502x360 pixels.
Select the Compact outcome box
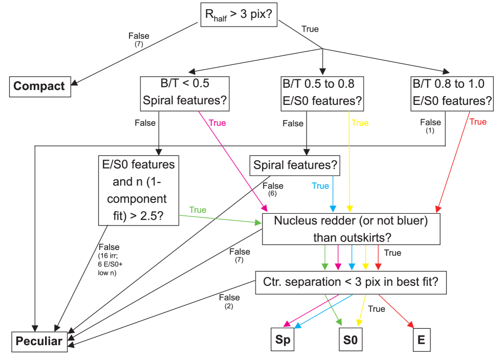click(39, 86)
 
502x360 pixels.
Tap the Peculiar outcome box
click(39, 341)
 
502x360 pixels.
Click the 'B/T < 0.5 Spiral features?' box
click(185, 93)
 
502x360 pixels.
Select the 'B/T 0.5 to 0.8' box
click(322, 93)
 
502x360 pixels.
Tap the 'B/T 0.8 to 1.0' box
click(452, 93)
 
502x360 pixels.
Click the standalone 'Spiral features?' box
click(294, 165)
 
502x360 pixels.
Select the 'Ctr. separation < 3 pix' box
click(351, 282)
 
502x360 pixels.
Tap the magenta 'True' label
click(217, 123)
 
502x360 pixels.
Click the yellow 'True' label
click(360, 123)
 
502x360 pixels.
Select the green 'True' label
click(198, 210)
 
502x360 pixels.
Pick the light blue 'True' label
click(320, 186)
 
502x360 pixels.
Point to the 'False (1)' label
click(430, 126)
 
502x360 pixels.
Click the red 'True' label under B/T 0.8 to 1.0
click(478, 122)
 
